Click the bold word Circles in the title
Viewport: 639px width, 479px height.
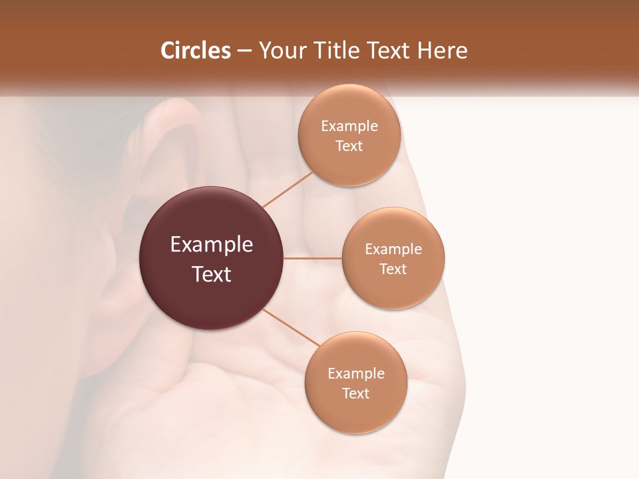coord(196,51)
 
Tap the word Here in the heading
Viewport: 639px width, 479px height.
coord(443,51)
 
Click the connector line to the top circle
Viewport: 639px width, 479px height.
coord(288,190)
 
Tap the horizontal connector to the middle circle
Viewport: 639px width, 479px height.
coord(313,258)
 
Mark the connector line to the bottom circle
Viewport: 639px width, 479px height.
coord(291,327)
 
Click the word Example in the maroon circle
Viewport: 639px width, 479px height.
coord(212,245)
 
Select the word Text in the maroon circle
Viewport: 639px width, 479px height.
coord(212,274)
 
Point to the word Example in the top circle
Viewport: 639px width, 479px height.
coord(349,126)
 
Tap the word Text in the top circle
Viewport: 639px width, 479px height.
coord(349,146)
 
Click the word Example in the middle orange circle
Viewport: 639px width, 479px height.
coord(393,249)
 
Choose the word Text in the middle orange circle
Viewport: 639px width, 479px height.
coord(393,269)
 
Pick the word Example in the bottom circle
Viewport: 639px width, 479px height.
coord(356,373)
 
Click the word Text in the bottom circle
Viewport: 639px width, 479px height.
coord(356,393)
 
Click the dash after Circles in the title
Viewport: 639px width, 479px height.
coord(244,51)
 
